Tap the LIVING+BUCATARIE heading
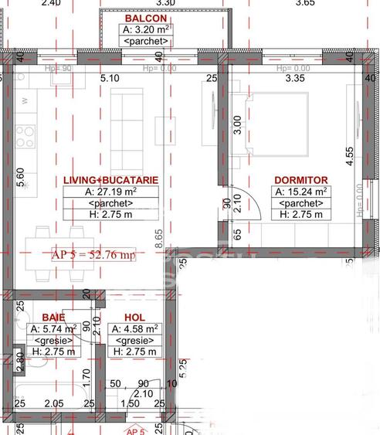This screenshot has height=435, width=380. point(112,179)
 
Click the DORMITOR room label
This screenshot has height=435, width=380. point(300,179)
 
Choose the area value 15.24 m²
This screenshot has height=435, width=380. point(300,192)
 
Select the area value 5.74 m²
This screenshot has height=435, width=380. point(51,328)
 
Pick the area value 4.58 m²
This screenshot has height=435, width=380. point(135,328)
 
